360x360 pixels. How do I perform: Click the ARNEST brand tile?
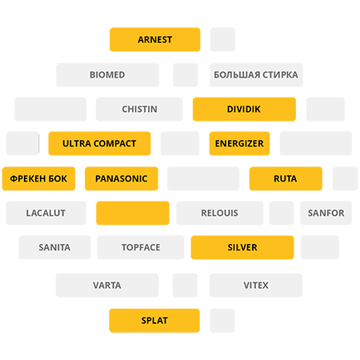pyautogui.click(x=155, y=39)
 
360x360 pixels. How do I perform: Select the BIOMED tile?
pyautogui.click(x=107, y=74)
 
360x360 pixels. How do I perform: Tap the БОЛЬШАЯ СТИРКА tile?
pyautogui.click(x=256, y=74)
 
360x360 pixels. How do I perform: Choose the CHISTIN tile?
pyautogui.click(x=139, y=109)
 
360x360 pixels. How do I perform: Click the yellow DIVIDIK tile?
pyautogui.click(x=244, y=109)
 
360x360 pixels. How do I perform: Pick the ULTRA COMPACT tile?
pyautogui.click(x=99, y=143)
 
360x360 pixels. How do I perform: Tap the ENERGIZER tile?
pyautogui.click(x=239, y=143)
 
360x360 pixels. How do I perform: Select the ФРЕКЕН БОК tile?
pyautogui.click(x=38, y=178)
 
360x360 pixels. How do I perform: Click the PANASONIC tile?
pyautogui.click(x=122, y=178)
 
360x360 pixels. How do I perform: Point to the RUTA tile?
pyautogui.click(x=286, y=178)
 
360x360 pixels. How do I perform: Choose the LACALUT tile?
pyautogui.click(x=46, y=213)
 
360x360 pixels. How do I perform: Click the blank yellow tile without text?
pyautogui.click(x=133, y=213)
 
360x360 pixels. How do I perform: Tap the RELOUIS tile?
pyautogui.click(x=220, y=213)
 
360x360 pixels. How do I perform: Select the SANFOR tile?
pyautogui.click(x=326, y=213)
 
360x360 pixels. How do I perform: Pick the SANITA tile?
pyautogui.click(x=54, y=247)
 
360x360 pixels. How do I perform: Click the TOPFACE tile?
pyautogui.click(x=141, y=247)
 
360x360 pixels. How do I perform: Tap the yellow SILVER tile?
pyautogui.click(x=242, y=247)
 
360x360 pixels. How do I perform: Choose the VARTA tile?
pyautogui.click(x=107, y=286)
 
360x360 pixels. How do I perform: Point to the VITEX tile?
pyautogui.click(x=256, y=286)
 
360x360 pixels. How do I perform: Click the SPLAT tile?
pyautogui.click(x=154, y=321)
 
